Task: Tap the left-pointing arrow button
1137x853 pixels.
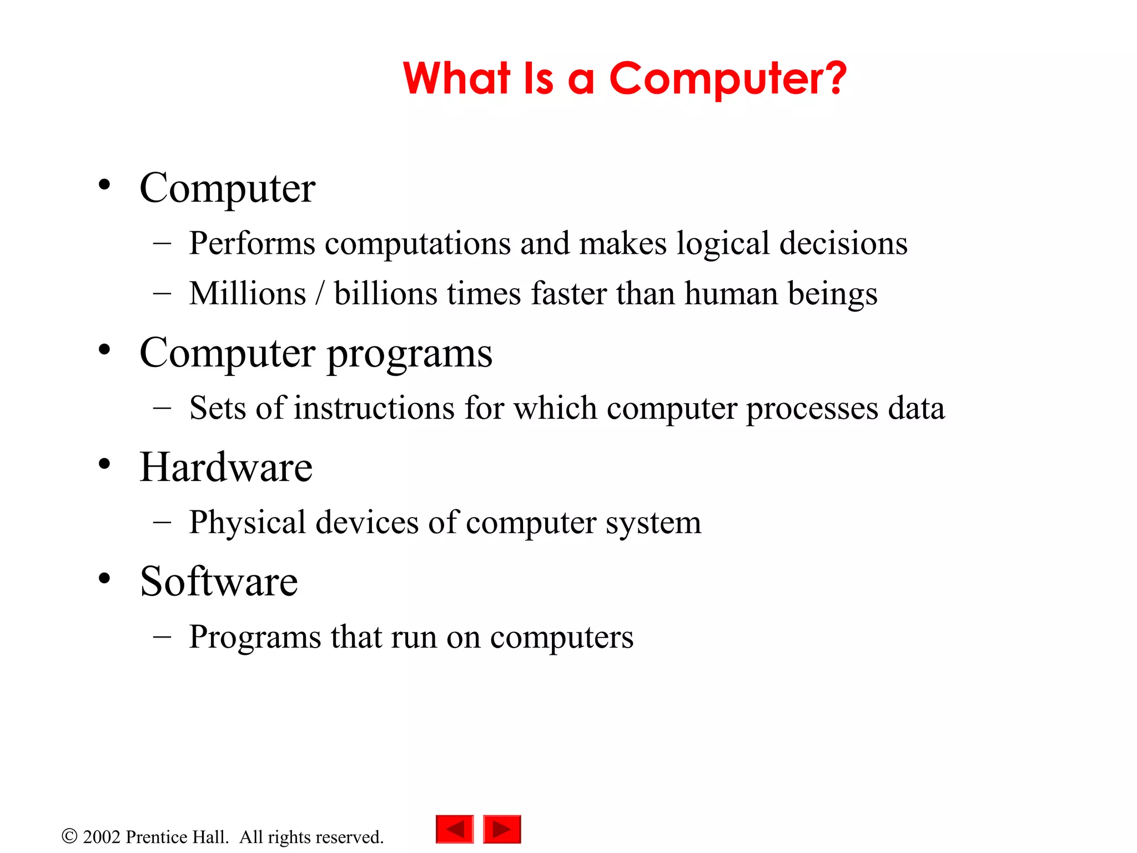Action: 455,829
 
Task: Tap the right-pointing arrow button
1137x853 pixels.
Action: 502,829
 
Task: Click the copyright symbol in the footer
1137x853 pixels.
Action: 69,836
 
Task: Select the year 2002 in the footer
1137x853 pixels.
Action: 102,837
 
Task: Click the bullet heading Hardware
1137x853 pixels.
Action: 226,467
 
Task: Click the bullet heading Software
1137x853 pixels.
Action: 219,581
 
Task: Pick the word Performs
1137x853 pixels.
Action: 252,243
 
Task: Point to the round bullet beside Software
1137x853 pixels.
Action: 104,578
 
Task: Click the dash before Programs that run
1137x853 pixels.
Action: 162,636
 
